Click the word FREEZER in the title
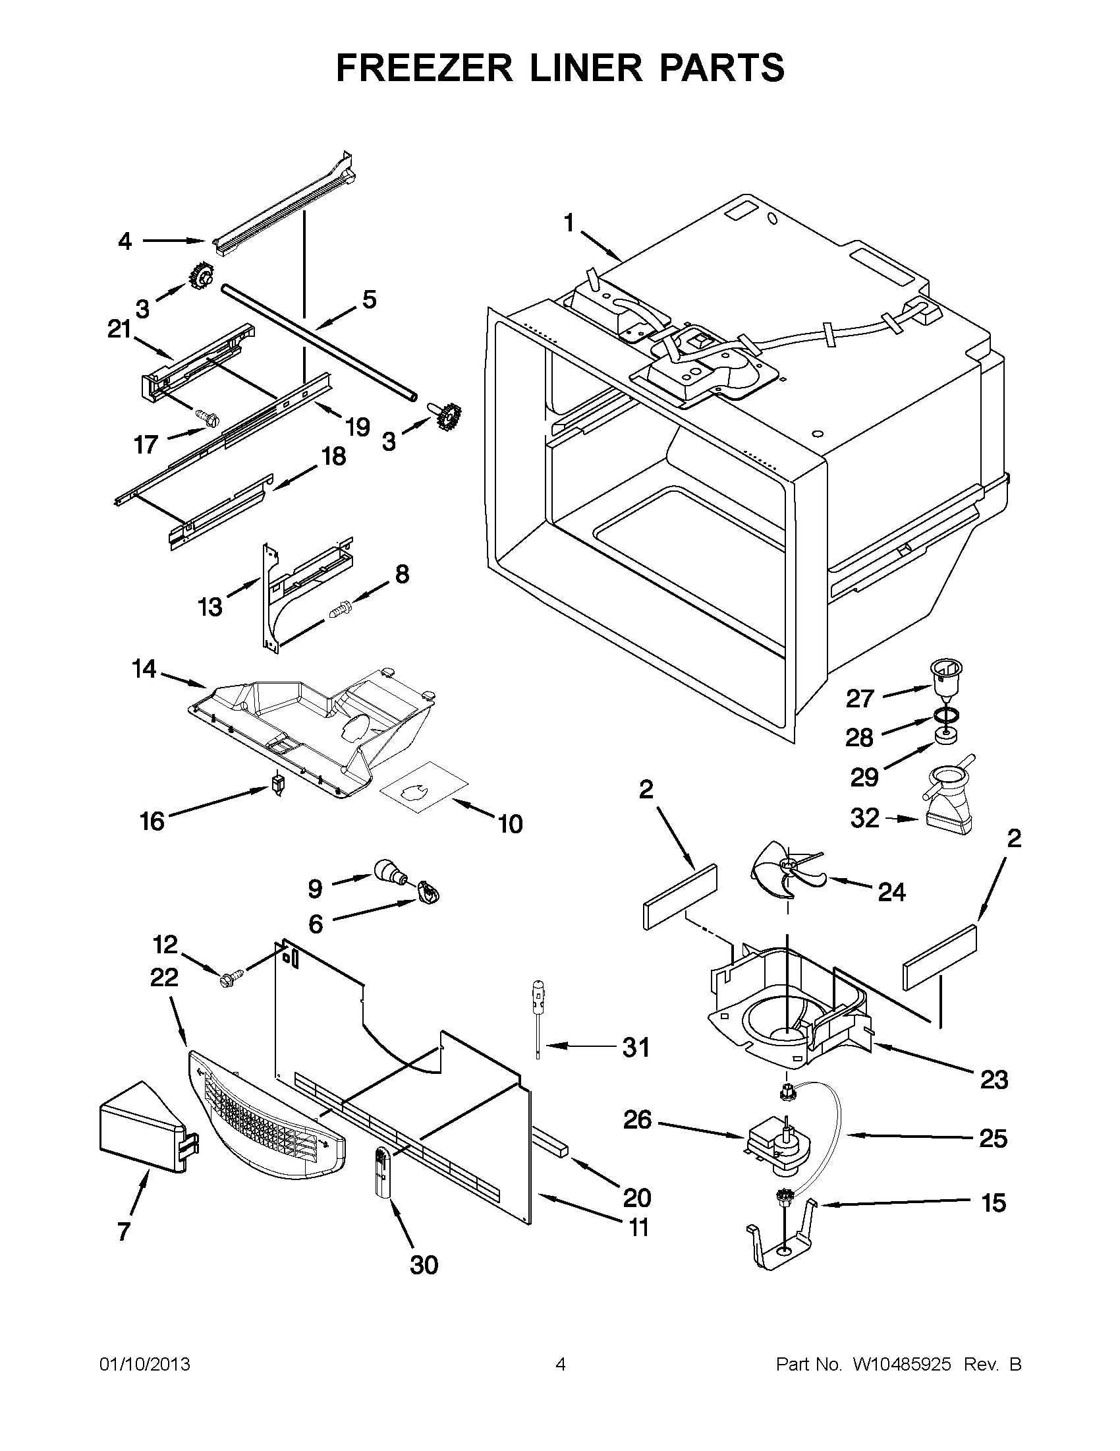point(425,69)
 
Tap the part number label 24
point(891,892)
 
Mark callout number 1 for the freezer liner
point(569,224)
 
